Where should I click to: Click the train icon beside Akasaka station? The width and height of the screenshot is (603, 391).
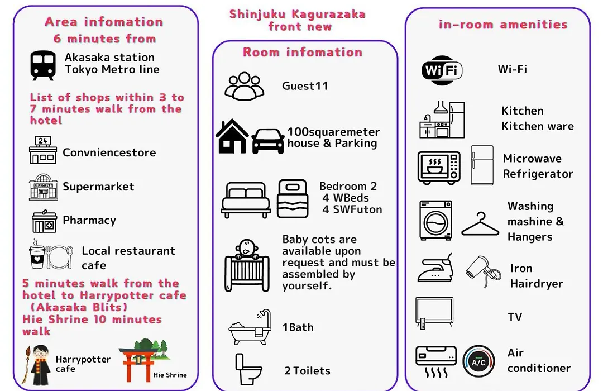42,65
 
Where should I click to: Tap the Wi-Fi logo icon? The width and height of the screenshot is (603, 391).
442,70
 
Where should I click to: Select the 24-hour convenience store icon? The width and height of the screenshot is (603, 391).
42,150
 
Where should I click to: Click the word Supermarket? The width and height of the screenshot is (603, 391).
98,187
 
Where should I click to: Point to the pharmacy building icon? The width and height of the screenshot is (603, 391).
44,221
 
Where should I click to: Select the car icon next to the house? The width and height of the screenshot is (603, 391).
268,141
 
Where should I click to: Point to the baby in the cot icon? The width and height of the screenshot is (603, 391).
247,265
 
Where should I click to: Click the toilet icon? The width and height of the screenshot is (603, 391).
248,369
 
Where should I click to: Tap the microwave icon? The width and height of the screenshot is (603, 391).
439,168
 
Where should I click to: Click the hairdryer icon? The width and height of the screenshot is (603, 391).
484,271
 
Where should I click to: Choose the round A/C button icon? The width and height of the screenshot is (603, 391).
478,361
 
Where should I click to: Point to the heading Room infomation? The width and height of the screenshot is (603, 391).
303,52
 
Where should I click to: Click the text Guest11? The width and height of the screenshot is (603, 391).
305,86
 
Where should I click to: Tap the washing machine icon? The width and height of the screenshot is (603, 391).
435,220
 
